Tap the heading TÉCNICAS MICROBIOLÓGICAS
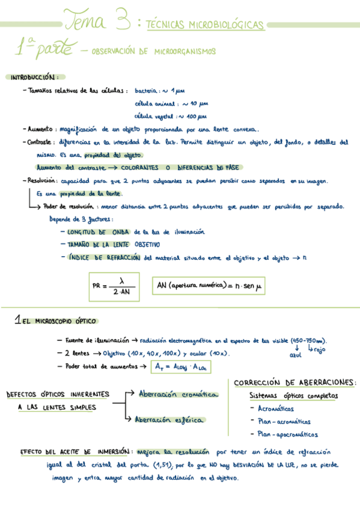point(205,25)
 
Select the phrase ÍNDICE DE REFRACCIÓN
point(105,257)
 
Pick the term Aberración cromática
point(177,395)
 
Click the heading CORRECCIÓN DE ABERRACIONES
point(294,383)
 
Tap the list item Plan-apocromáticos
point(287,434)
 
